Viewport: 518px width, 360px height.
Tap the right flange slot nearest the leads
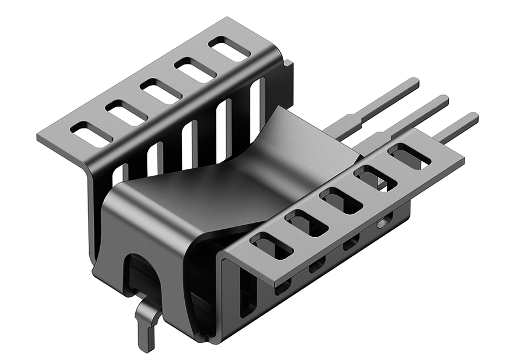409,156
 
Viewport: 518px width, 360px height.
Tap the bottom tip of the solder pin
147,348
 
